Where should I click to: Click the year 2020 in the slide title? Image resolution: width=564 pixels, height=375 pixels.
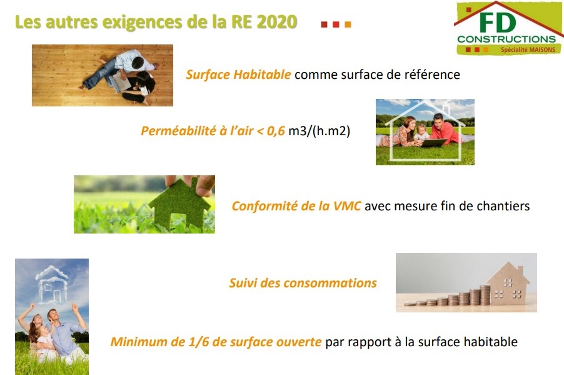pyautogui.click(x=276, y=22)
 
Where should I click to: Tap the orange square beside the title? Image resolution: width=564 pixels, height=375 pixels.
pyautogui.click(x=348, y=24)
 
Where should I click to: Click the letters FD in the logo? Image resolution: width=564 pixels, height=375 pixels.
pyautogui.click(x=498, y=23)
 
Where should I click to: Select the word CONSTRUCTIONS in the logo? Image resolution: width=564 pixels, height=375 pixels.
pyautogui.click(x=507, y=39)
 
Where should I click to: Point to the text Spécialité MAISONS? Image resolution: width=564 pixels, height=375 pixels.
pyautogui.click(x=528, y=49)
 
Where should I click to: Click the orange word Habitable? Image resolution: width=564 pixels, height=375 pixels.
pyautogui.click(x=262, y=74)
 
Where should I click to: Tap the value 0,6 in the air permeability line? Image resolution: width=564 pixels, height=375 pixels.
pyautogui.click(x=276, y=131)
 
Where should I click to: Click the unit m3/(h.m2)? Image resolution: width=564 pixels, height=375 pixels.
pyautogui.click(x=319, y=131)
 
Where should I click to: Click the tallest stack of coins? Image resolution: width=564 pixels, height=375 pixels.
pyautogui.click(x=485, y=295)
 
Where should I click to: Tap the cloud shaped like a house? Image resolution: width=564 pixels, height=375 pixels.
pyautogui.click(x=52, y=285)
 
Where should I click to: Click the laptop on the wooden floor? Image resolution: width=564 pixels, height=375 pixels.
pyautogui.click(x=120, y=81)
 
